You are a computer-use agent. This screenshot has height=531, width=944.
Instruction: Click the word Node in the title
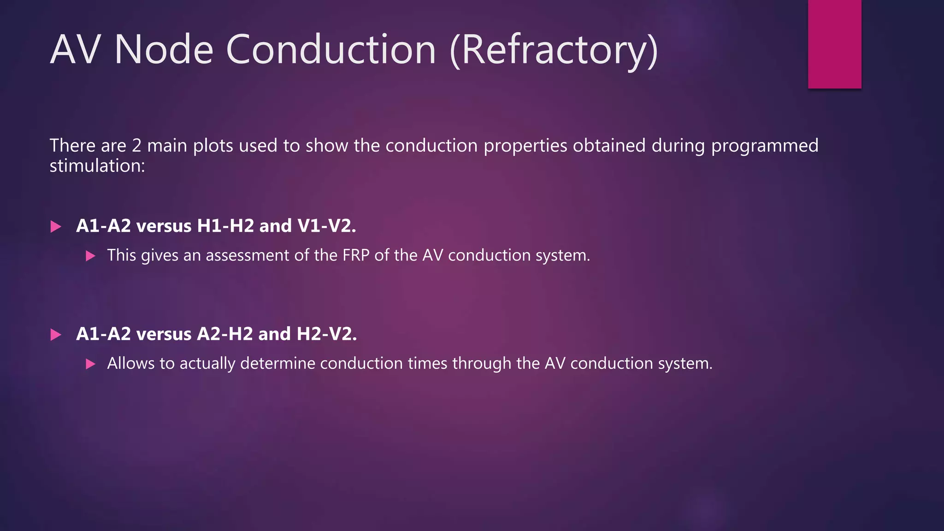coord(164,49)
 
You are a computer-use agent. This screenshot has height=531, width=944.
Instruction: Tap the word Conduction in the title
coord(330,49)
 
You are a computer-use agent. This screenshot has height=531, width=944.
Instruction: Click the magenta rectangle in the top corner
coord(834,44)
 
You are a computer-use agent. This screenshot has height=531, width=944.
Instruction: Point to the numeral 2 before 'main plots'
coord(136,146)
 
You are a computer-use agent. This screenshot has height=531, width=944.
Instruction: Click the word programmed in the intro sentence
coord(765,146)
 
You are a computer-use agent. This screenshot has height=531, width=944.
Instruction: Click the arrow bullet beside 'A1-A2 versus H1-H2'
coord(56,226)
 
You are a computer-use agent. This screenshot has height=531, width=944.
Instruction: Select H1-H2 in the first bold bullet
coord(225,226)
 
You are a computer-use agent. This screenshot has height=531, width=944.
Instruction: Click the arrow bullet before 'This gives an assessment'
coord(91,256)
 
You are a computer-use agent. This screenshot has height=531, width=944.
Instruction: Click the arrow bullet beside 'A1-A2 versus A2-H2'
coord(56,335)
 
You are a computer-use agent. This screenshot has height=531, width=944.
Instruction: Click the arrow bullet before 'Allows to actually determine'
coord(91,364)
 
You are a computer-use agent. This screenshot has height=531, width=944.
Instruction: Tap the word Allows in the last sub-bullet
coord(131,363)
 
